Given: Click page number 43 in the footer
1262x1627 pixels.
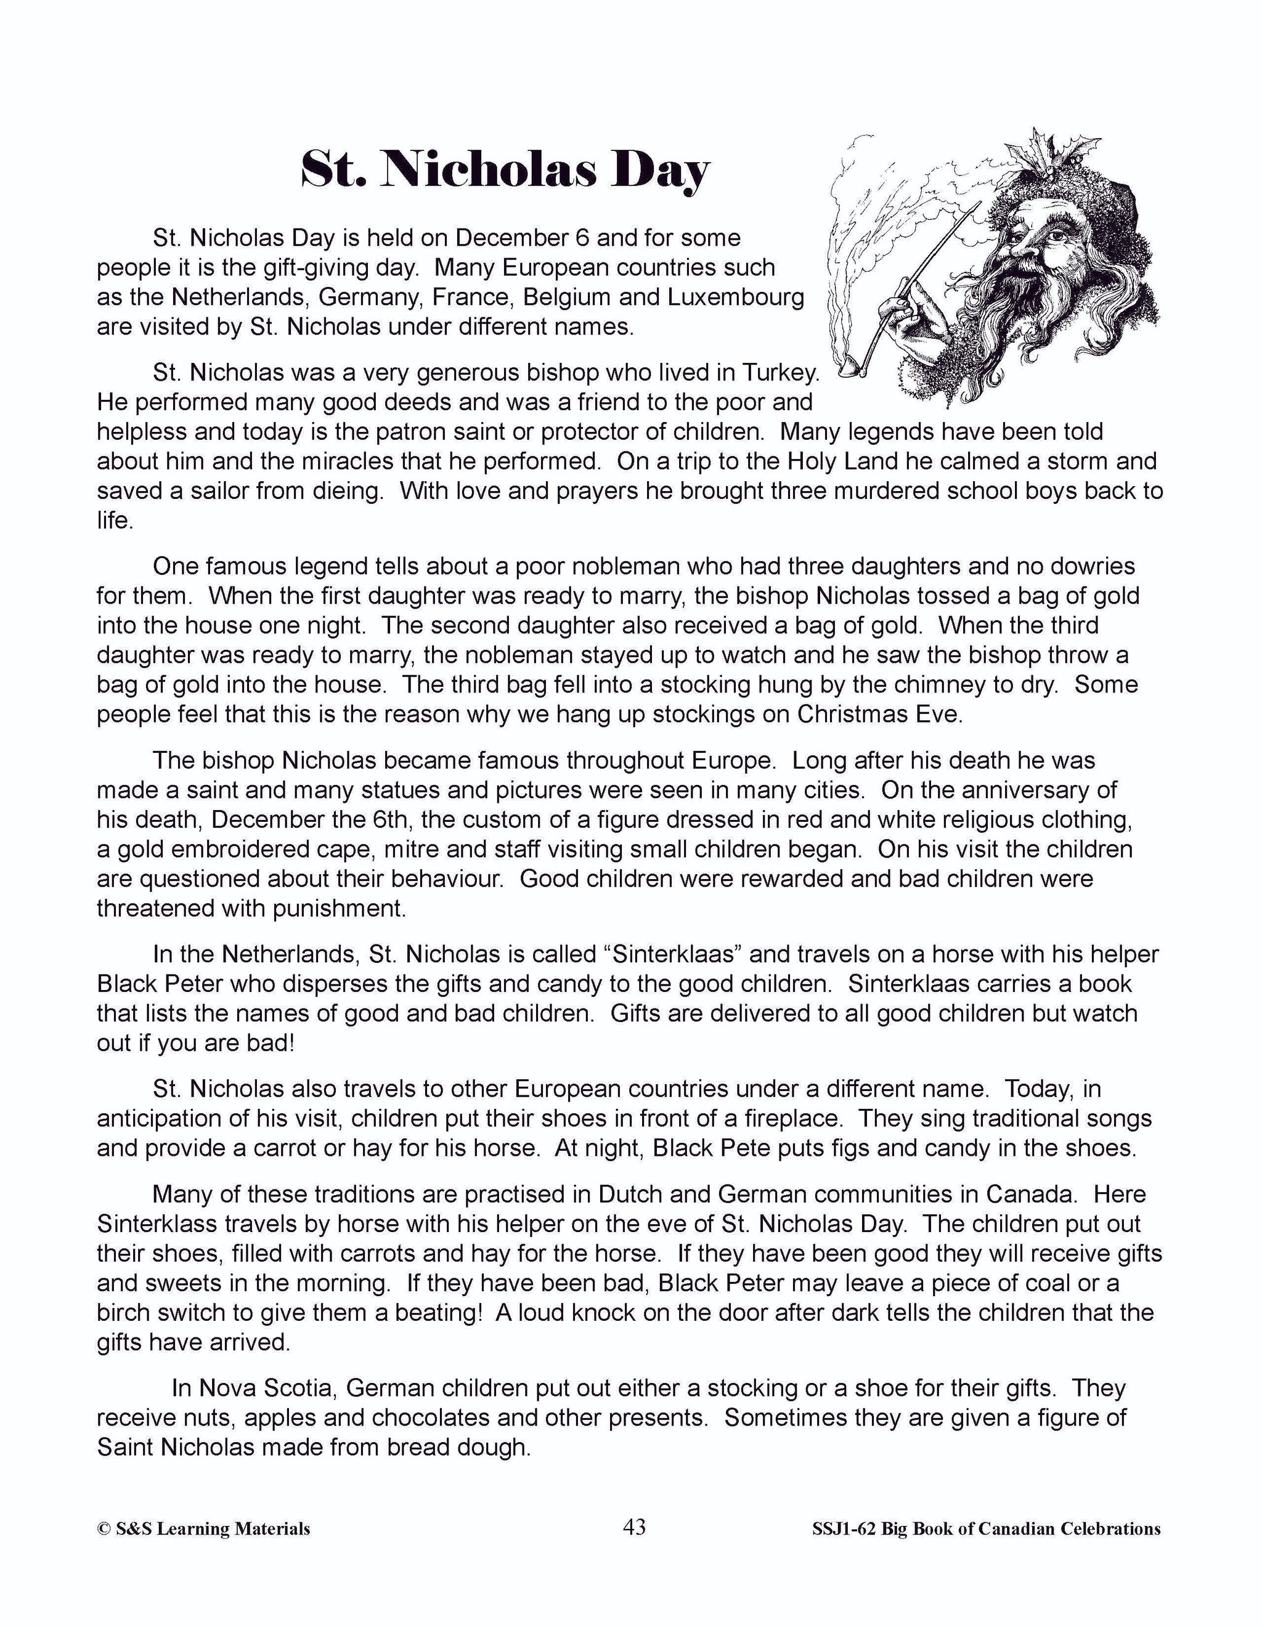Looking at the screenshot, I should pos(634,1527).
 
